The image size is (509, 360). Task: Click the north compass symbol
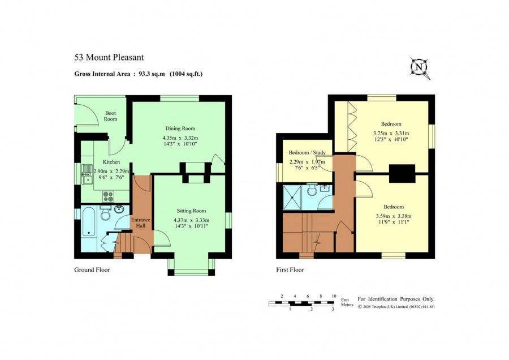click(x=420, y=68)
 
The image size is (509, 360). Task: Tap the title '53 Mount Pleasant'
click(x=109, y=58)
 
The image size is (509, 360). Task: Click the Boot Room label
click(x=110, y=116)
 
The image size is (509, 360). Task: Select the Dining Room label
click(x=180, y=128)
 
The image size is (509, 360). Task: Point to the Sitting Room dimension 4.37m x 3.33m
click(x=191, y=220)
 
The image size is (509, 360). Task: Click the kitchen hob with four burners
click(x=108, y=196)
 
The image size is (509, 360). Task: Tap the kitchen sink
click(x=87, y=174)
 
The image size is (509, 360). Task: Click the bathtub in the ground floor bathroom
click(x=88, y=222)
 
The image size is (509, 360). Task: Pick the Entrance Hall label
click(x=141, y=222)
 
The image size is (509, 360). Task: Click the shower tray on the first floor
click(x=292, y=198)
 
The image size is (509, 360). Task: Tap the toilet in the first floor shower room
click(x=312, y=190)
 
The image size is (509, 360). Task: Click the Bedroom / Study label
click(x=307, y=152)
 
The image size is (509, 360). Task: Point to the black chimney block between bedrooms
click(x=402, y=174)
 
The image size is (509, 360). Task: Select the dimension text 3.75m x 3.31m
click(x=391, y=133)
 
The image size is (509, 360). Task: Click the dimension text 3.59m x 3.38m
click(x=394, y=216)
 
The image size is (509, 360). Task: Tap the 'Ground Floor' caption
click(x=92, y=269)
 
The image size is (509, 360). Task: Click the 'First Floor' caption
click(x=290, y=269)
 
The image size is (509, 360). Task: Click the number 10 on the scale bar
click(x=334, y=296)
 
